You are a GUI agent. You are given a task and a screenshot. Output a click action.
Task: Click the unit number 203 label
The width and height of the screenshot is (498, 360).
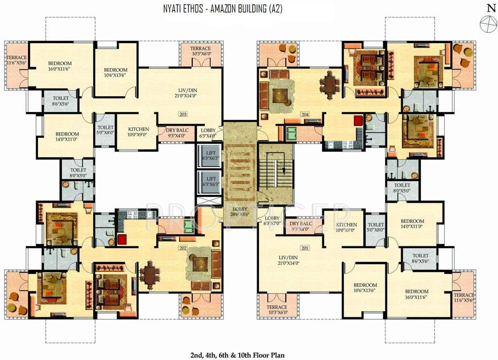pyautogui.click(x=183, y=114)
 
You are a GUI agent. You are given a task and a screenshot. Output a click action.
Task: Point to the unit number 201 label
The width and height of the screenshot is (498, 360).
pyautogui.click(x=305, y=248)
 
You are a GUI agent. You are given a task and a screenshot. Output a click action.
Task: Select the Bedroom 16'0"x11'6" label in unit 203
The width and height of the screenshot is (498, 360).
pyautogui.click(x=60, y=66)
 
